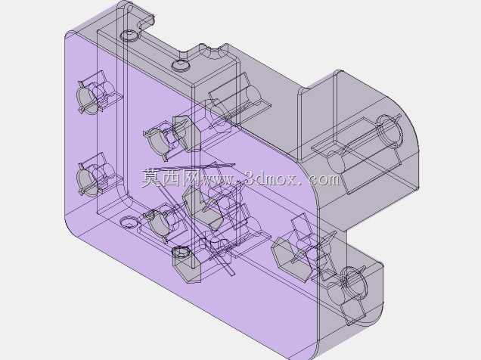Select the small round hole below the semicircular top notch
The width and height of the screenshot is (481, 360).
(181, 65)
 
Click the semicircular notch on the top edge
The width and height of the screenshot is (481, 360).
(211, 53)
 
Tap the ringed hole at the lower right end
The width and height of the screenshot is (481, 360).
(354, 284)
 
